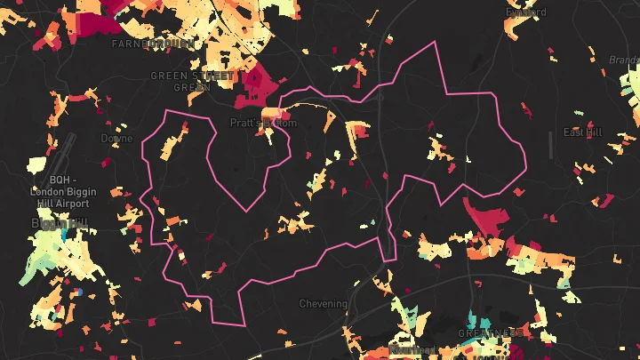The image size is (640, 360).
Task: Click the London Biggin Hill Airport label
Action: point(68,191)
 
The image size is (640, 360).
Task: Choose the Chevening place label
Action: point(323,304)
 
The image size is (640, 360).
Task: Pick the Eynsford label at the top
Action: point(525,12)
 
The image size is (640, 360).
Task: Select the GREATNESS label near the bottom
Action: point(490,332)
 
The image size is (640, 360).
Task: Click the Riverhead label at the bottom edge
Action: point(411,351)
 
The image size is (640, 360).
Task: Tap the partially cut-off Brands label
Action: point(623,60)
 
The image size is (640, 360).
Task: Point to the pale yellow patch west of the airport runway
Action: point(36,164)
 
